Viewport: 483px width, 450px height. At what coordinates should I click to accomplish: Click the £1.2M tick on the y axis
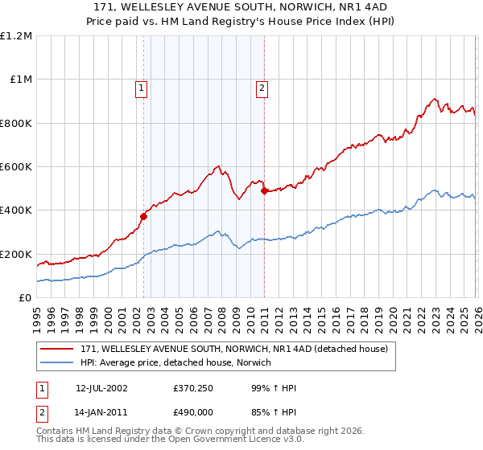coord(16,35)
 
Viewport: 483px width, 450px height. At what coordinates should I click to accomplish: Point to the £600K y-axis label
coord(16,167)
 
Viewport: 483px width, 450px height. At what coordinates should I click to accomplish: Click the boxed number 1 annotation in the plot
coord(142,88)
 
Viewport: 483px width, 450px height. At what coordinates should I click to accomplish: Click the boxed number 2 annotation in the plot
coord(262,88)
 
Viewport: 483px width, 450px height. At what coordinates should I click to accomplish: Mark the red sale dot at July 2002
coord(144,216)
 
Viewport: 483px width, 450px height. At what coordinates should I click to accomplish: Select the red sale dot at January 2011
coord(264,190)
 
